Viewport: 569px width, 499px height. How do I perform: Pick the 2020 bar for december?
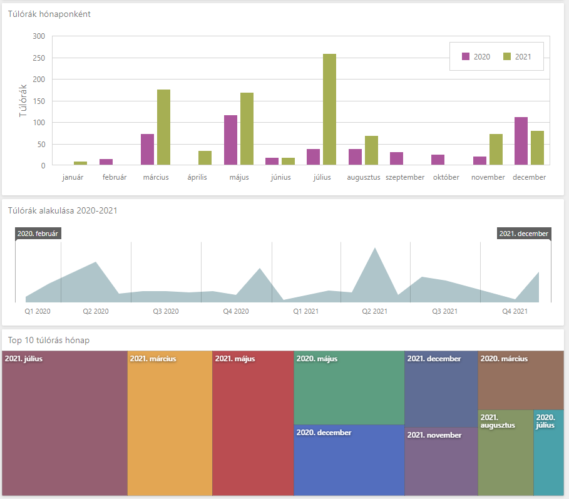pyautogui.click(x=521, y=141)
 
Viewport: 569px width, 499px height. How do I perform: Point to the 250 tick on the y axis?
pyautogui.click(x=39, y=58)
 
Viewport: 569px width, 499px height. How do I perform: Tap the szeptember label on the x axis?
pyautogui.click(x=405, y=177)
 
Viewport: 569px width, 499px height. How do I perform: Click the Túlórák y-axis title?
pyautogui.click(x=23, y=101)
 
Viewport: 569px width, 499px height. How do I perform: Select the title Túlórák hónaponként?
pyautogui.click(x=49, y=14)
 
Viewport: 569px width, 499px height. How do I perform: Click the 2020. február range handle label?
pyautogui.click(x=38, y=234)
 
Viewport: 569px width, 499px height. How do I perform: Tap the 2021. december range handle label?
pyautogui.click(x=524, y=234)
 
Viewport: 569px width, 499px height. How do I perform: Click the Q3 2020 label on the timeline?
pyautogui.click(x=166, y=311)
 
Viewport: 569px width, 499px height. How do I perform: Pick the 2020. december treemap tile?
pyautogui.click(x=349, y=460)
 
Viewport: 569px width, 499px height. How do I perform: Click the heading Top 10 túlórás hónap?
pyautogui.click(x=49, y=340)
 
